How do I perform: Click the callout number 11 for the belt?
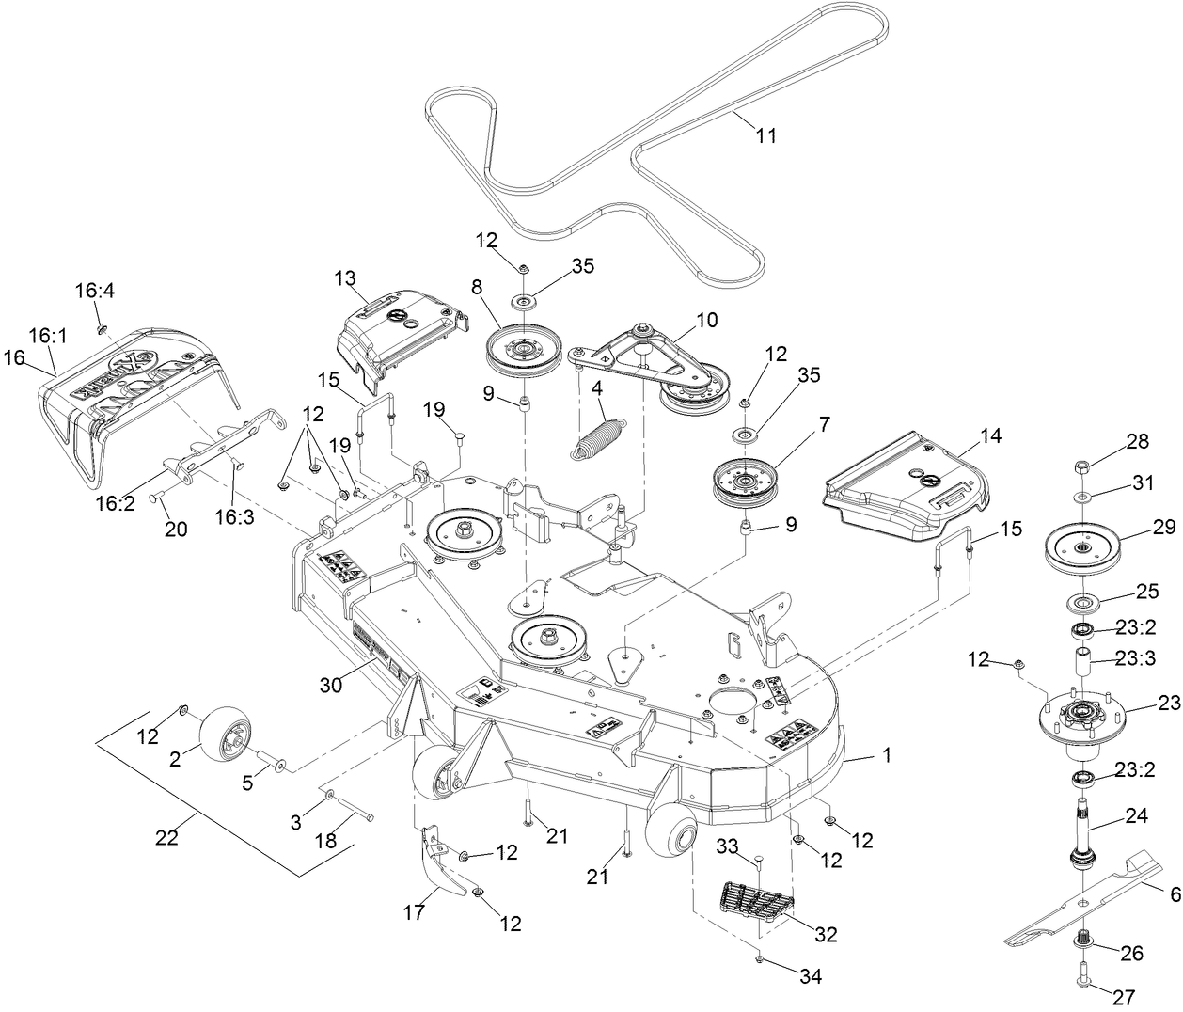(x=766, y=135)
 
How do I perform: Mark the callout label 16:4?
(x=94, y=293)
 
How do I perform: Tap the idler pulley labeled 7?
(x=747, y=480)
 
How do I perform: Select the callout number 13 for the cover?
(x=345, y=278)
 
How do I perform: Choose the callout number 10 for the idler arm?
(x=706, y=321)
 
